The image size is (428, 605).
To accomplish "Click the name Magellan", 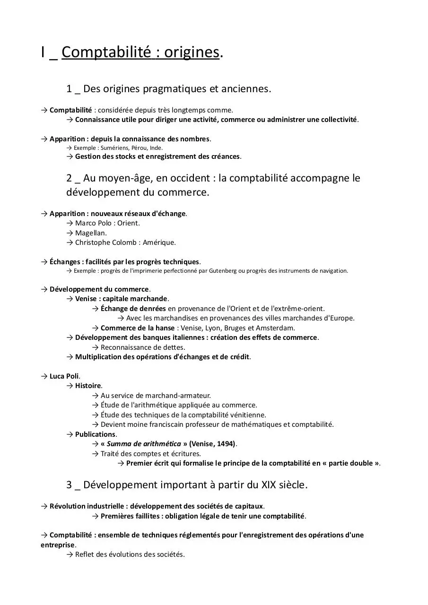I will [x=90, y=233].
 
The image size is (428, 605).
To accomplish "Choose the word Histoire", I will [x=88, y=386].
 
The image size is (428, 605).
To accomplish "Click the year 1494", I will [x=225, y=444].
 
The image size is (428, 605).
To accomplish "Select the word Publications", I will [x=95, y=434].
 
